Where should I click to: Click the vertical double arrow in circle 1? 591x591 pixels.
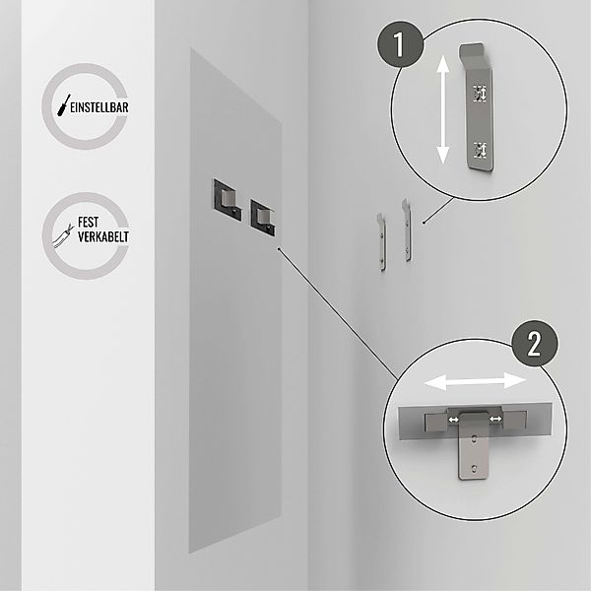tap(443, 109)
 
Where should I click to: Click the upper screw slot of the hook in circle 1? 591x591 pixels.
tap(481, 93)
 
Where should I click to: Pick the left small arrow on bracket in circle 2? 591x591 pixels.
tap(454, 420)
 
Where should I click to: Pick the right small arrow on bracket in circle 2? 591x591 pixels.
tap(493, 420)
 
